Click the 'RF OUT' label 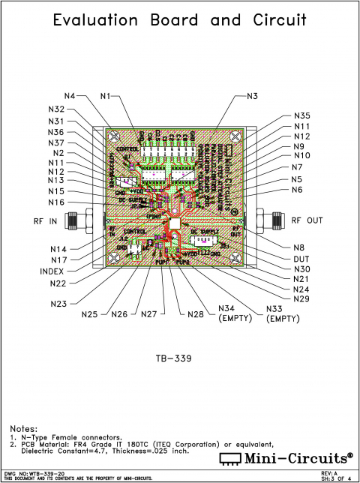point(307,220)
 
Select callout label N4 point(70,96)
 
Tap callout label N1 point(105,96)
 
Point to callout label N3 point(253,96)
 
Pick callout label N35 point(301,116)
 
